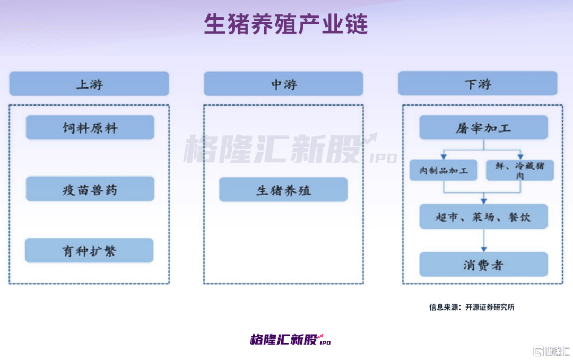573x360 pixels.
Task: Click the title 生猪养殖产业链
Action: (286, 24)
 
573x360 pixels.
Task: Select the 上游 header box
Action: (89, 84)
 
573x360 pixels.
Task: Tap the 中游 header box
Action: (283, 84)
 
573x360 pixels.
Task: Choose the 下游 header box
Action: (477, 84)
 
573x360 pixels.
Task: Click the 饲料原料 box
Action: (90, 127)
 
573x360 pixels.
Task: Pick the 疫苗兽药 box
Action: (90, 189)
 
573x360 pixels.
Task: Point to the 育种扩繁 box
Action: (89, 250)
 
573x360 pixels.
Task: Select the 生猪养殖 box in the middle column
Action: (283, 189)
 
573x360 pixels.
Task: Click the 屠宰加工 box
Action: (483, 127)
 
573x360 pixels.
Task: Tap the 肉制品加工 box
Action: (443, 170)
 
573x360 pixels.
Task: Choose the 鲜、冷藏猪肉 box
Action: (520, 170)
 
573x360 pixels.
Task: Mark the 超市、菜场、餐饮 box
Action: (483, 216)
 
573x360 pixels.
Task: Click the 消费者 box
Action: (483, 265)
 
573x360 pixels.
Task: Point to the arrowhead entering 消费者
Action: (484, 249)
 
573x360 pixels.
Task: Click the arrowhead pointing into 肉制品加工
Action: (444, 156)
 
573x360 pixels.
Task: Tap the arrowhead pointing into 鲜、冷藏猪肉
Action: (520, 156)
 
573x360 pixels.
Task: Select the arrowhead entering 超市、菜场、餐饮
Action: (484, 201)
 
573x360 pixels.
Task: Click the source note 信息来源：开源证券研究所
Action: (472, 307)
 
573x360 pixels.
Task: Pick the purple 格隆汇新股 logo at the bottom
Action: (291, 339)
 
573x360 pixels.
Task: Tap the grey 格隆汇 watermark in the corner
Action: (551, 351)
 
